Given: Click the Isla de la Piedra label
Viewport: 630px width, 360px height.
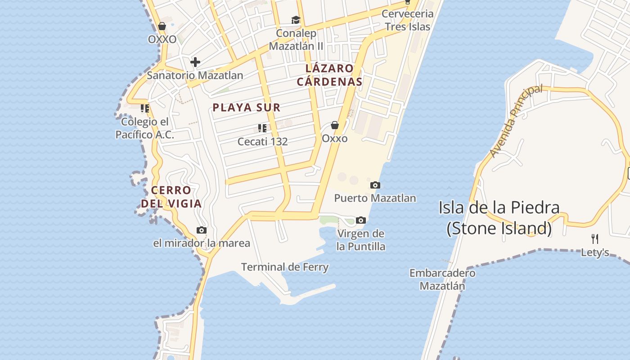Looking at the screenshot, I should [x=499, y=218].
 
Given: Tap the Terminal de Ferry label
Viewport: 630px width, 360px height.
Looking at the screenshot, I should [x=285, y=267].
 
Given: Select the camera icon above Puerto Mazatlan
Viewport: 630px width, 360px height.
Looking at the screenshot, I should [x=375, y=185].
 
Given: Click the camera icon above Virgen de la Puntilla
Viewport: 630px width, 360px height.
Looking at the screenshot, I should [x=360, y=220].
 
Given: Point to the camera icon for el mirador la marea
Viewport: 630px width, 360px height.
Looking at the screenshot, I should [x=202, y=230].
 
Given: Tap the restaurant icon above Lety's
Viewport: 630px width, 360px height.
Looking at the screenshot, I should [x=594, y=238].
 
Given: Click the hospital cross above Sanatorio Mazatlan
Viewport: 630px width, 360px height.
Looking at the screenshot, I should [x=195, y=62].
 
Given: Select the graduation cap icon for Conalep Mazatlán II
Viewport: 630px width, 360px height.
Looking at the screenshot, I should [x=296, y=20].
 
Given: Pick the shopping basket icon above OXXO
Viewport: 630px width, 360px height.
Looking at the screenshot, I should [x=162, y=26].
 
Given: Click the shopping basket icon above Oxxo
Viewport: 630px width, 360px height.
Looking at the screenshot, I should [x=335, y=125].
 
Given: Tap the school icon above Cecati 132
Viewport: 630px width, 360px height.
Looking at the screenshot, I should [x=262, y=128].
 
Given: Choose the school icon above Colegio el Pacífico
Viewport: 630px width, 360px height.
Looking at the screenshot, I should [x=144, y=108].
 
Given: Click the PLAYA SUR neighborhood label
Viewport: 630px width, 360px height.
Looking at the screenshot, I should [x=247, y=108].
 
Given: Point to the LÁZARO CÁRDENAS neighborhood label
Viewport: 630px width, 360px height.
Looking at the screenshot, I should [x=329, y=75].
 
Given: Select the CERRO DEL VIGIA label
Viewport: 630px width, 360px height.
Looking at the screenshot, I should [x=171, y=197].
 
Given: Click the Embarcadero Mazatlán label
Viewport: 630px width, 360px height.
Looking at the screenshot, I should [x=442, y=279].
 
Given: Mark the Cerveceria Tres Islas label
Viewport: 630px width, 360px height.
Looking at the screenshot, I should [x=408, y=20].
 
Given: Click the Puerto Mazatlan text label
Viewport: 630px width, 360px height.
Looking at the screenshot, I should [x=375, y=198].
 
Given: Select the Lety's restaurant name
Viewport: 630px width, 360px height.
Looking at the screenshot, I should [x=595, y=252].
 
